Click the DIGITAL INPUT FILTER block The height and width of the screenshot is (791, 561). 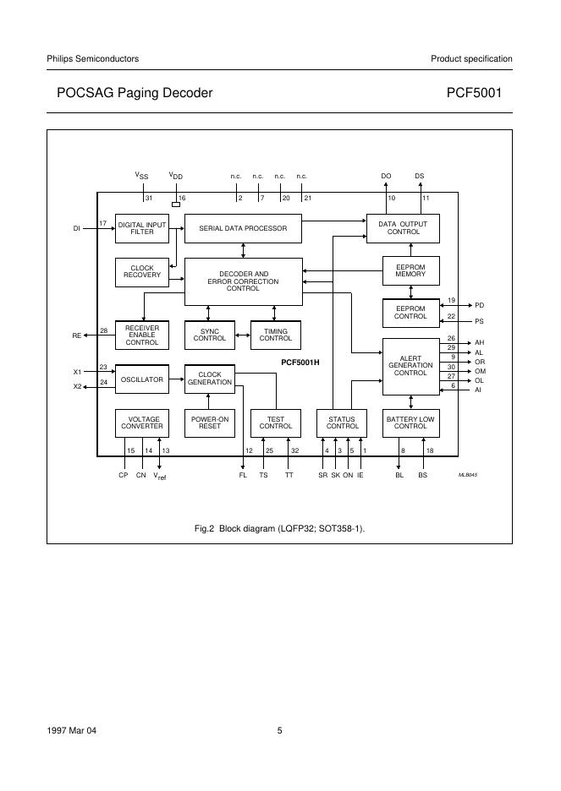pyautogui.click(x=141, y=228)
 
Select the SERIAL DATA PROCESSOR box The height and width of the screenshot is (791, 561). pyautogui.click(x=243, y=228)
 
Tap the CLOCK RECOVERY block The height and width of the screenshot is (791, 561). pyautogui.click(x=141, y=271)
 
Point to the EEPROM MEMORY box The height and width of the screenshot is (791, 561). pyautogui.click(x=410, y=270)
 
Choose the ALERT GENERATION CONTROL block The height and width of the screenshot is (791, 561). pyautogui.click(x=410, y=366)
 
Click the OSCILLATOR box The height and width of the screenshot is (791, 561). pyautogui.click(x=141, y=379)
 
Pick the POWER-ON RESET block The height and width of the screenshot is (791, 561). pyautogui.click(x=210, y=423)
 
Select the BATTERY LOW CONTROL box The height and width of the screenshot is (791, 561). pyautogui.click(x=410, y=423)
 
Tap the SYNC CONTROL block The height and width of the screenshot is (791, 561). pyautogui.click(x=210, y=335)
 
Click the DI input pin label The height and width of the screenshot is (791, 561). pyautogui.click(x=77, y=228)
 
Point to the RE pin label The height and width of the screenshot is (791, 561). pyautogui.click(x=77, y=335)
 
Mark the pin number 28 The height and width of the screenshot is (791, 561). pyautogui.click(x=103, y=330)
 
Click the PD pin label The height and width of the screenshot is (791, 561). pyautogui.click(x=479, y=305)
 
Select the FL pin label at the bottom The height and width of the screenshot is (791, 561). pyautogui.click(x=243, y=476)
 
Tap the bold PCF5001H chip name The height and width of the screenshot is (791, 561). pyautogui.click(x=305, y=362)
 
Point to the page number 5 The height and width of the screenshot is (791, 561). pyautogui.click(x=279, y=732)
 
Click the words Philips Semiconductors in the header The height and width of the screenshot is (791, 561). pyautogui.click(x=93, y=59)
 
